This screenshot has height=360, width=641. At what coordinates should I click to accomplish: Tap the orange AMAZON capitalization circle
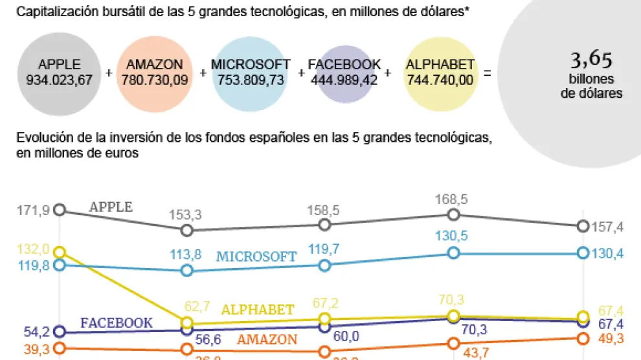click(155, 71)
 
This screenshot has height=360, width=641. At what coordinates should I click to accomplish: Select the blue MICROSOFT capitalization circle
click(250, 71)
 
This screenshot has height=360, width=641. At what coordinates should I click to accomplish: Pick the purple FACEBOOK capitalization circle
click(344, 71)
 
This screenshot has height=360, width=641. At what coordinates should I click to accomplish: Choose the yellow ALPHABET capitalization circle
click(440, 71)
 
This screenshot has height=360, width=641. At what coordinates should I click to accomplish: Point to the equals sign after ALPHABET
click(488, 73)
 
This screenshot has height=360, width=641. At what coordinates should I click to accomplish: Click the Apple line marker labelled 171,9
click(60, 209)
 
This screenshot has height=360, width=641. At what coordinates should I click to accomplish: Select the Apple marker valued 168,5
click(453, 214)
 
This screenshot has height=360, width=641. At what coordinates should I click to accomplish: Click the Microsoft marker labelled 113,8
click(187, 271)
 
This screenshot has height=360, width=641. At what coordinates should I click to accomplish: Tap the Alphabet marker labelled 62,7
click(187, 322)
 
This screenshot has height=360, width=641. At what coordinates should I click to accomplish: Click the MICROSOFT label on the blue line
click(256, 256)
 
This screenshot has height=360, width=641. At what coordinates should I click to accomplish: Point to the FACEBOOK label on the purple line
click(117, 322)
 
